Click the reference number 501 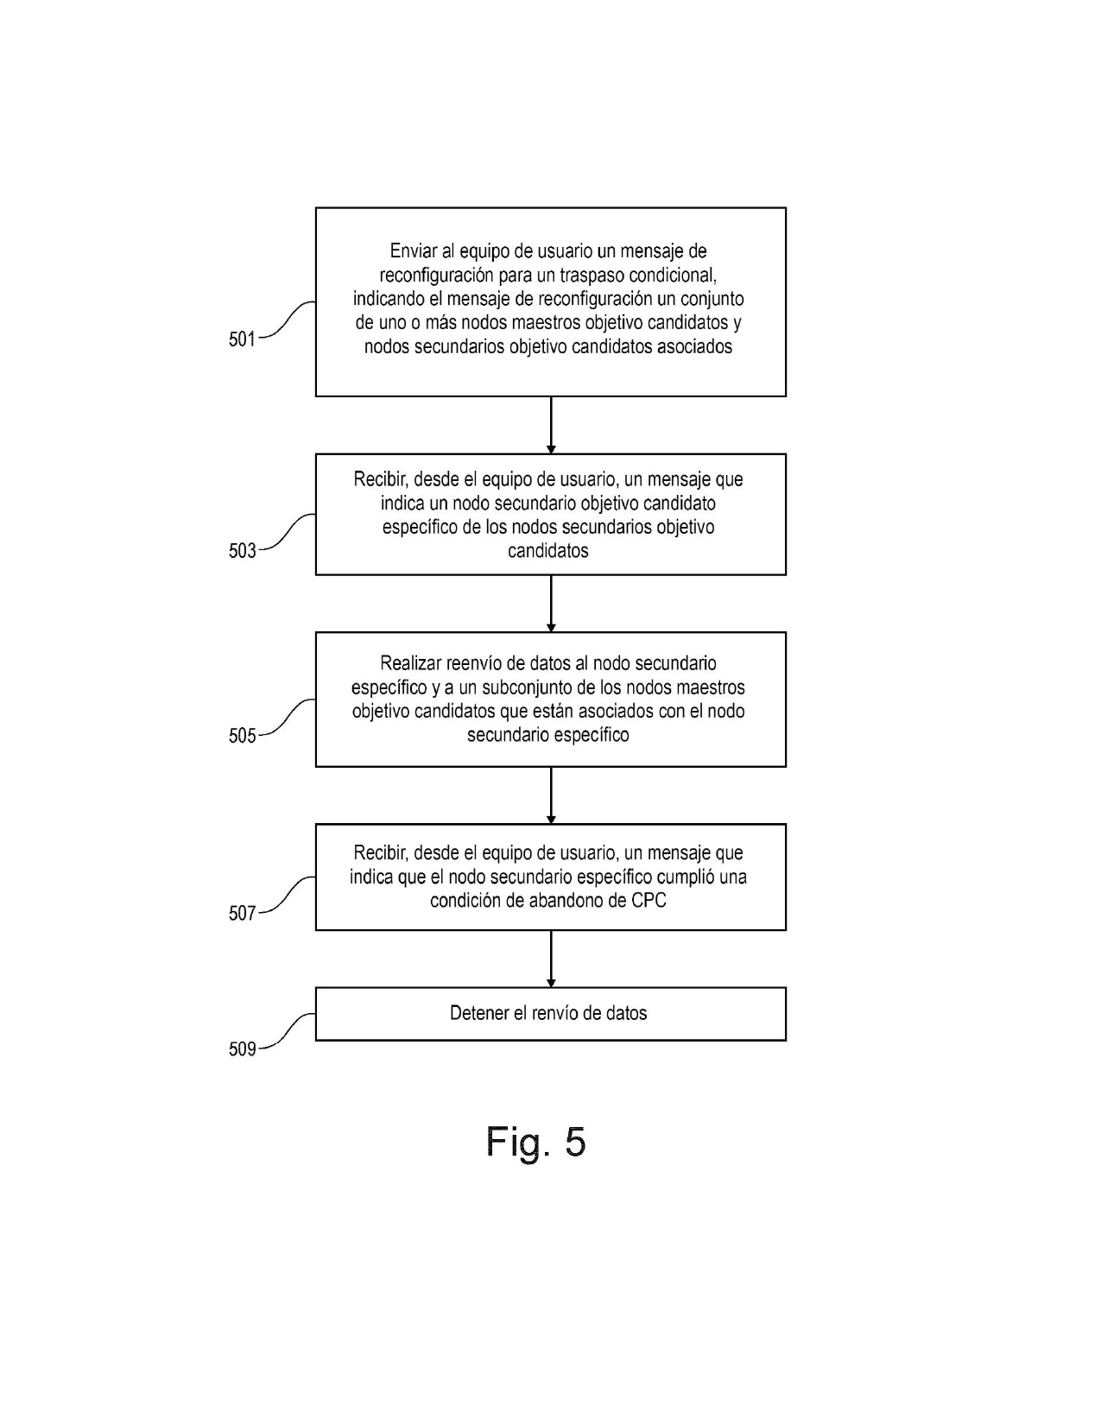point(242,339)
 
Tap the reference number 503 point(242,551)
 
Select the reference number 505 point(242,736)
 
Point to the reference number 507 point(242,913)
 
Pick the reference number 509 point(242,1049)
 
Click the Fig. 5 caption point(535,1142)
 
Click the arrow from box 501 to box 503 point(551,425)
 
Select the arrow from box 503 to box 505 point(551,604)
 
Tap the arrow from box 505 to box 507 point(551,795)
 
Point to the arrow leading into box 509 point(551,959)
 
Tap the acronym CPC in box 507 point(649,901)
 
